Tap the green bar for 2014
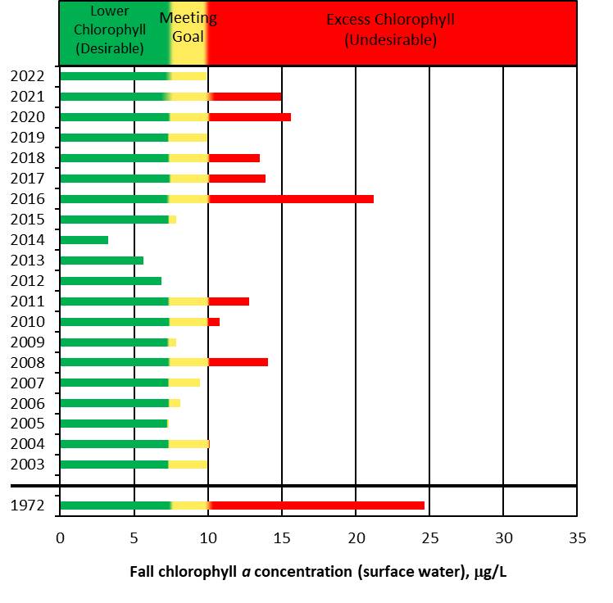click(84, 239)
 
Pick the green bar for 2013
click(102, 260)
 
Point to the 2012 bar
click(111, 280)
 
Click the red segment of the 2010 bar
click(214, 321)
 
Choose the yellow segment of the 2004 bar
click(189, 444)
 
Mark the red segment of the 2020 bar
click(250, 116)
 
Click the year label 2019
click(27, 137)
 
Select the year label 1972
click(27, 505)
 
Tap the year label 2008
click(27, 362)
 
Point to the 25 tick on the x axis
click(429, 537)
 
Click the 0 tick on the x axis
click(60, 537)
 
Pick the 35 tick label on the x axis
click(577, 537)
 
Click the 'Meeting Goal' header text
click(188, 27)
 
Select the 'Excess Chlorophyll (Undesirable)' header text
click(390, 29)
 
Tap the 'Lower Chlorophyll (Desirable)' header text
click(110, 29)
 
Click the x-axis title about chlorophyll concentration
click(319, 571)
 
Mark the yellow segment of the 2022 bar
click(188, 76)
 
